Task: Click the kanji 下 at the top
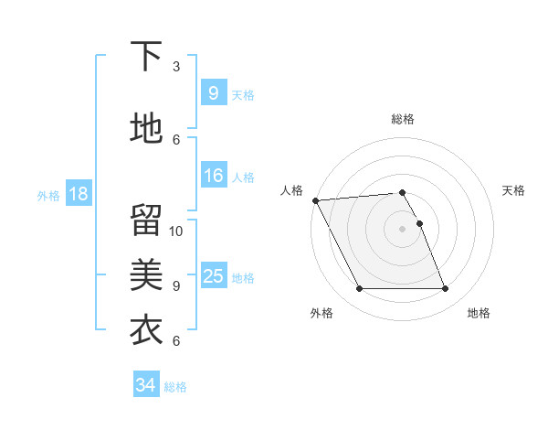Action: point(146,58)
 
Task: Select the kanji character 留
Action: point(146,220)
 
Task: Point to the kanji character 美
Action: point(146,273)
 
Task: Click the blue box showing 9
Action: point(213,92)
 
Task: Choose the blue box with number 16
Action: point(213,176)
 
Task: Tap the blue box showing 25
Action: point(213,275)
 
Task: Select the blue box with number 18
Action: point(78,193)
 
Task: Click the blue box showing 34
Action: point(145,385)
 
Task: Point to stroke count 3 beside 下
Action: point(176,67)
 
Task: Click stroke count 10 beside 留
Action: point(176,231)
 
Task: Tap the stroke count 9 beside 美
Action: point(176,285)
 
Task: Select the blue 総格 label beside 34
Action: point(175,387)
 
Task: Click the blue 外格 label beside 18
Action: point(48,195)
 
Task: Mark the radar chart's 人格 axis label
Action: point(291,189)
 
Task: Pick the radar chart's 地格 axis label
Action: point(479,313)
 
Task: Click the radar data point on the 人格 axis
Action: point(315,200)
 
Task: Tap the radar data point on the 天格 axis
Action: point(419,223)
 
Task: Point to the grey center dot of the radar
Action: point(402,228)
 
